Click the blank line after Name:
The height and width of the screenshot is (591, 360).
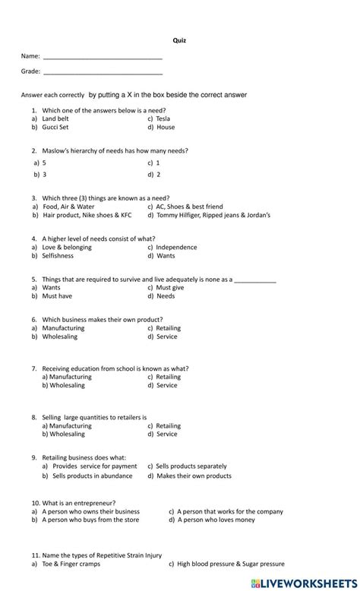(103, 58)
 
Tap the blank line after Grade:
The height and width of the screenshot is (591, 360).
(103, 73)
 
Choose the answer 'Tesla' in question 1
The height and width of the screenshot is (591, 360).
(163, 119)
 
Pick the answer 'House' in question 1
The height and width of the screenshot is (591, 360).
(166, 128)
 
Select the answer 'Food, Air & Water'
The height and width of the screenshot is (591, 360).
(68, 206)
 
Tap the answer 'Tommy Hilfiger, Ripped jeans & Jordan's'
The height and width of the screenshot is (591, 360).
(213, 215)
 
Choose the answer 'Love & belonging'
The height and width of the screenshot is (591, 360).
(67, 247)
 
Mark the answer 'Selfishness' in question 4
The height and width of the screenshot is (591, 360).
(58, 256)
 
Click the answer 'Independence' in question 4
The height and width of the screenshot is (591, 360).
(176, 247)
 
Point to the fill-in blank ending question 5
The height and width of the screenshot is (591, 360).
(254, 280)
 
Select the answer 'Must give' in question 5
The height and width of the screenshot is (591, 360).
(170, 288)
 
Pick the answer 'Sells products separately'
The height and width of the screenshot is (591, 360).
(191, 466)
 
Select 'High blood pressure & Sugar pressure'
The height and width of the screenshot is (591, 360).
(231, 564)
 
